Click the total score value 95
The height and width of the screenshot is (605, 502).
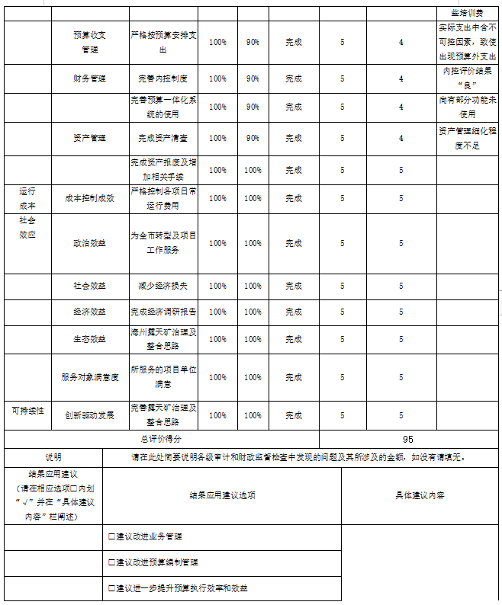tap(407, 440)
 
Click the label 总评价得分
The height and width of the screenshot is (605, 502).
tap(161, 440)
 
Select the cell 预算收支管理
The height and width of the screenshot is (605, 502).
tap(89, 42)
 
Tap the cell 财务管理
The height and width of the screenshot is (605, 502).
tap(89, 78)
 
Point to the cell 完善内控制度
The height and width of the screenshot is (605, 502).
tap(163, 78)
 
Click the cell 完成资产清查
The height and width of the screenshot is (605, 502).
tap(163, 138)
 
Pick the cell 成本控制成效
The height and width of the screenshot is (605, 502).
tap(89, 198)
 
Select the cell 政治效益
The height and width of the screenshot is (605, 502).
tap(89, 243)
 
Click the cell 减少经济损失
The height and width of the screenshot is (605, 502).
tap(163, 286)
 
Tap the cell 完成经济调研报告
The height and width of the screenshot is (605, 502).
tap(163, 312)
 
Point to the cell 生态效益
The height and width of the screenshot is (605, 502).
tap(89, 338)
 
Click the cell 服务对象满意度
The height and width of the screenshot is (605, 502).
tap(89, 377)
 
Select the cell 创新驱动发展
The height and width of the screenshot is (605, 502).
tap(89, 415)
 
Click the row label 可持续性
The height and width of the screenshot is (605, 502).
tap(27, 411)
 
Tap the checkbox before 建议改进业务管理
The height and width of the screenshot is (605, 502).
tap(112, 536)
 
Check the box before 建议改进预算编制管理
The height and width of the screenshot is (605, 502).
tap(112, 562)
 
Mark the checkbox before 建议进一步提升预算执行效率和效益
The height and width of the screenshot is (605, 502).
tap(112, 588)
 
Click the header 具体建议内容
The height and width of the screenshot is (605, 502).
tap(420, 495)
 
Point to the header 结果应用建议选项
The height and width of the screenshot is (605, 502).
tap(222, 495)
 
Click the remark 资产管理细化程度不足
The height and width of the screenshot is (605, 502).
tap(468, 138)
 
